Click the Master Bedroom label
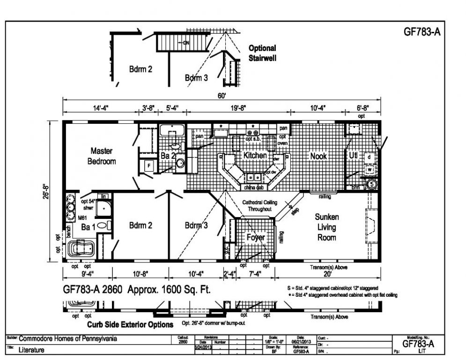pos(103,156)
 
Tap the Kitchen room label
pos(255,155)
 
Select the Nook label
pos(318,156)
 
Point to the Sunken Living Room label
pos(326,227)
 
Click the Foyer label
pos(256,237)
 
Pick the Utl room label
pos(353,155)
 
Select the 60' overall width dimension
pos(222,96)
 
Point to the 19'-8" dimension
pos(238,108)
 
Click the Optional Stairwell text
pos(262,53)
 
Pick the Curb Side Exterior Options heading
pos(130,324)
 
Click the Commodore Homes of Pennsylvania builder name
pos(68,339)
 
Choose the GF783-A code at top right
pos(422,32)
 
